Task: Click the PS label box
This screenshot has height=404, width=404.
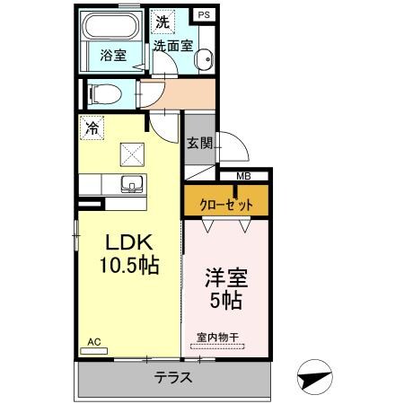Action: click(x=205, y=15)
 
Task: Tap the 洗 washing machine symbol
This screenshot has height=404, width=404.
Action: click(x=162, y=21)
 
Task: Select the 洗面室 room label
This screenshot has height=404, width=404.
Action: click(x=171, y=44)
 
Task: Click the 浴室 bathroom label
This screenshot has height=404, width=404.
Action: click(x=113, y=54)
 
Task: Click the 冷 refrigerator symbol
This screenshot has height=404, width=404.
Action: click(x=92, y=129)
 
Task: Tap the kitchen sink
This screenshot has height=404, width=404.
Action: click(x=129, y=185)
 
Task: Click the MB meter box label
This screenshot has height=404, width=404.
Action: click(x=243, y=176)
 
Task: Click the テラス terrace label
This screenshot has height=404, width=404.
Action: click(x=172, y=377)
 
